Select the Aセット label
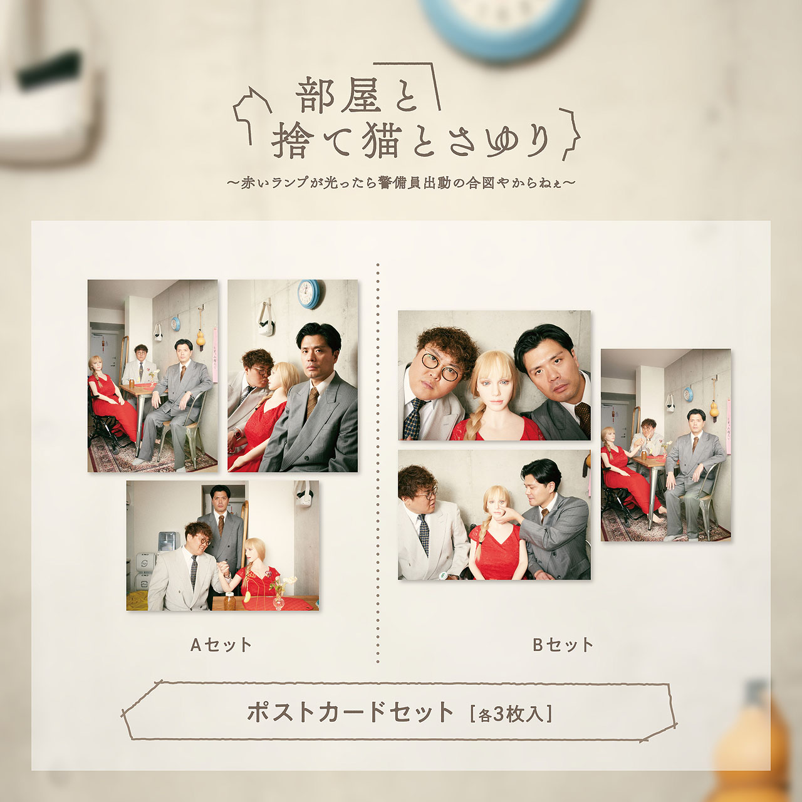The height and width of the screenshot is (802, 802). tap(221, 645)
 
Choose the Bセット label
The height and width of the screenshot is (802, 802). tap(563, 645)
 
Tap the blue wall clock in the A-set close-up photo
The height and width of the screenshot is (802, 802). tap(309, 294)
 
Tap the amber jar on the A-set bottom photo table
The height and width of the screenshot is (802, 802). tap(229, 601)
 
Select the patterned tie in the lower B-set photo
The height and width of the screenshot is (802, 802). tap(424, 534)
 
